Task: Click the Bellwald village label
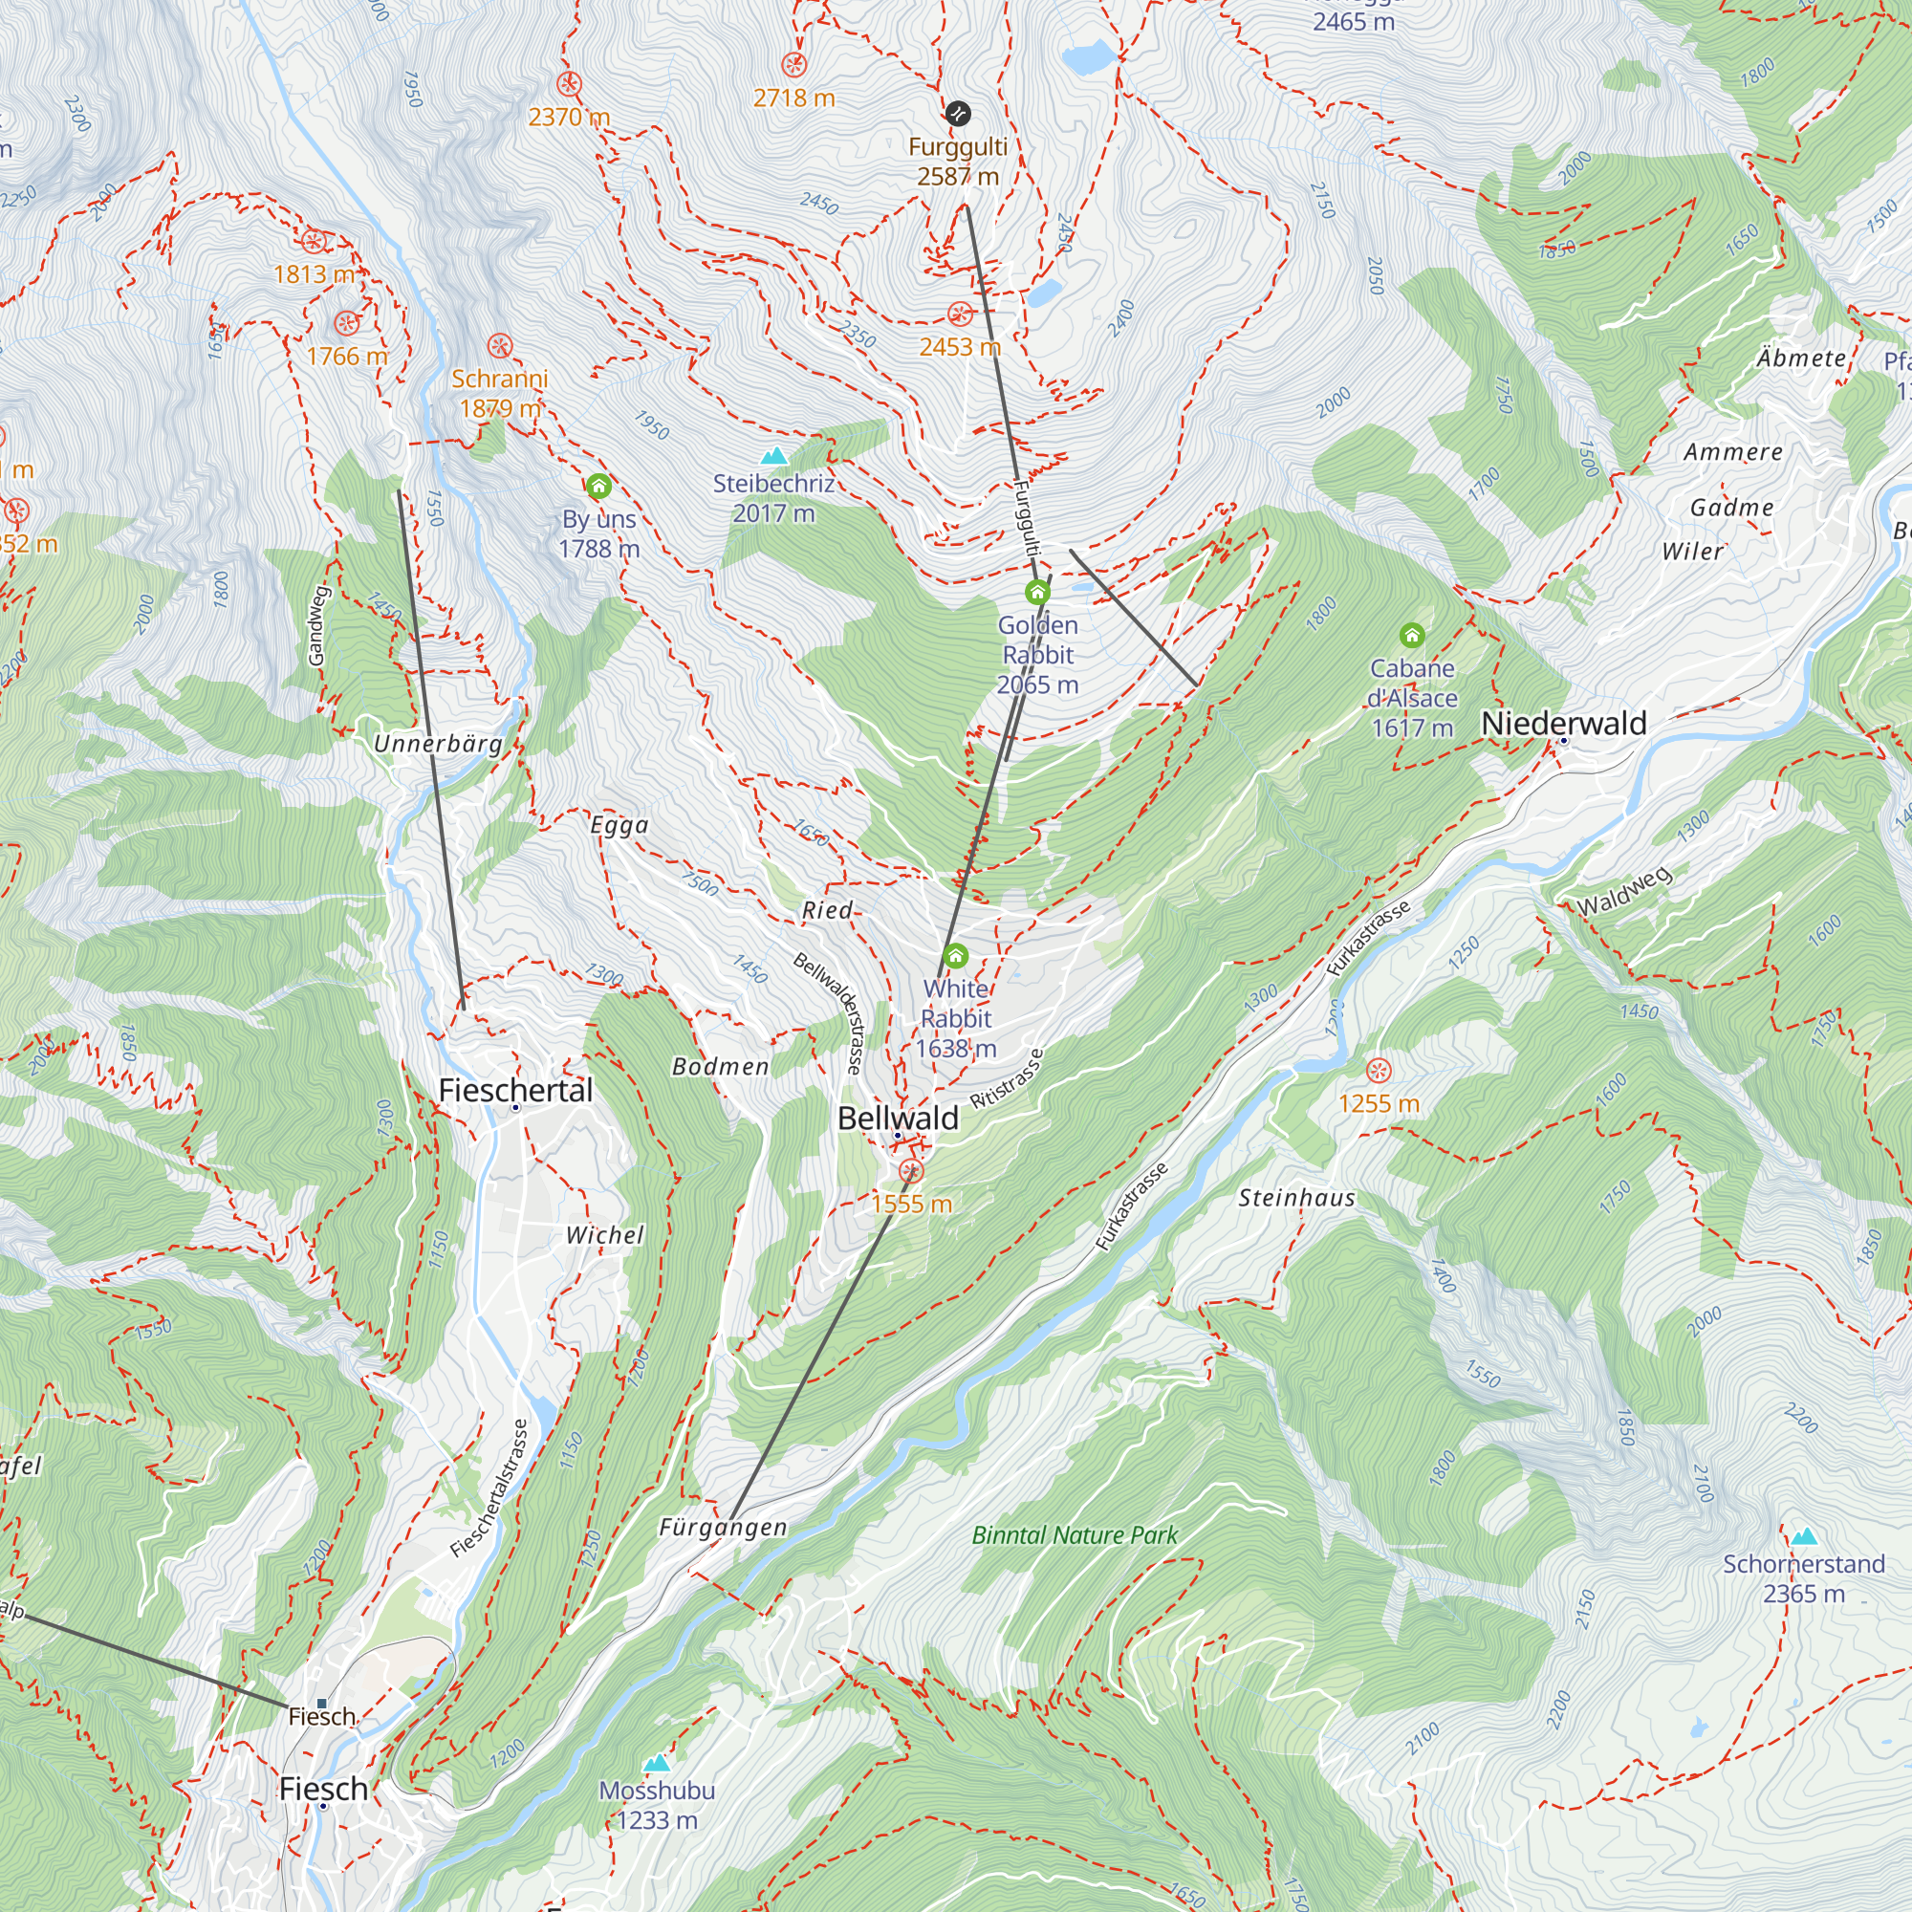pos(898,1119)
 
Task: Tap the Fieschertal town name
pos(514,1091)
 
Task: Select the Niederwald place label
pos(1564,724)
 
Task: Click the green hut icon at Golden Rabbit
pos(1037,593)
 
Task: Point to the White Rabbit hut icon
pos(955,956)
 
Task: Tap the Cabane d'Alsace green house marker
pos(1412,635)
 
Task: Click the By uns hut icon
pos(598,486)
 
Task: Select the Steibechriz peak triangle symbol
pos(774,456)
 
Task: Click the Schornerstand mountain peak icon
pos(1804,1537)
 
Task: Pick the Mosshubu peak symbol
pos(656,1764)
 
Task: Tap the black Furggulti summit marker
pos(957,114)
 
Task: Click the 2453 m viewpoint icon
pos(959,315)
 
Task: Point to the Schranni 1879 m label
pos(500,393)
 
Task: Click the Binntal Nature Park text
pos(1075,1535)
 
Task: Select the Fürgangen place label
pos(724,1527)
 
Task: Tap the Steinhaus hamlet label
pos(1296,1199)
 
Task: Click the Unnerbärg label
pos(438,744)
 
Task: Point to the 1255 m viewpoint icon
pos(1379,1071)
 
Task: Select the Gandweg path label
pos(316,625)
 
